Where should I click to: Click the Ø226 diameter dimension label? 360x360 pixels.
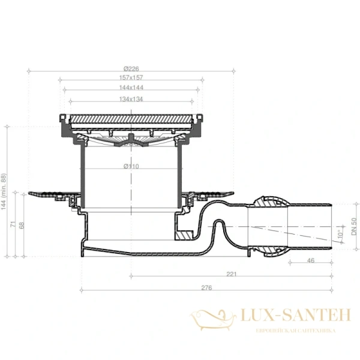[131, 68]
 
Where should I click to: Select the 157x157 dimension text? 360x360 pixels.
[131, 77]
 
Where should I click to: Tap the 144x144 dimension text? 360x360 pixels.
[131, 88]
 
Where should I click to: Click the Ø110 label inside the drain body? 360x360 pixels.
[131, 166]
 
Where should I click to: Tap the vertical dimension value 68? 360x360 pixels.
[23, 226]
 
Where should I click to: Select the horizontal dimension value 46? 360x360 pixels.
[310, 260]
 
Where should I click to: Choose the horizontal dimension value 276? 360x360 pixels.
[207, 289]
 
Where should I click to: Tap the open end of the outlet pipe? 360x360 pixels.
[330, 226]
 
